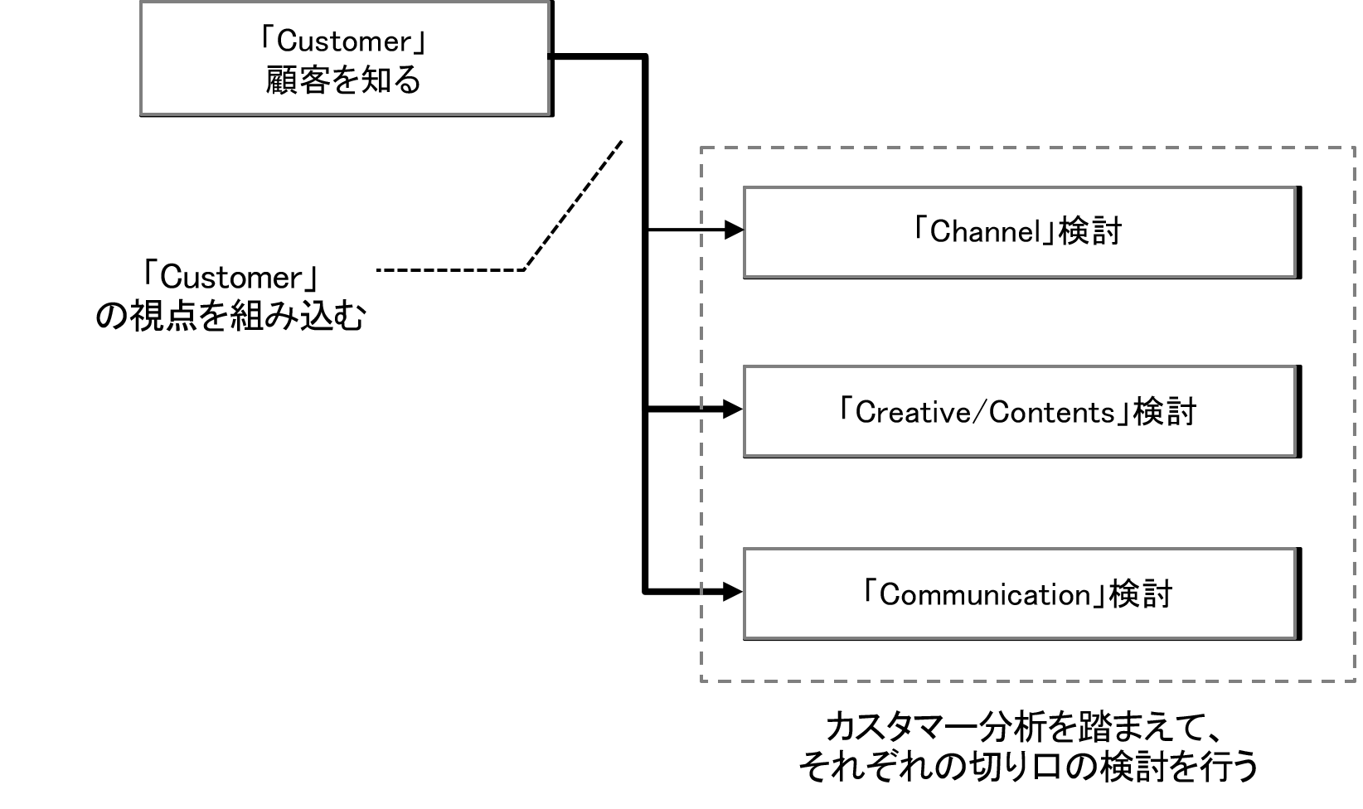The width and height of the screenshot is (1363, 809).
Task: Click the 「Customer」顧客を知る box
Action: click(x=346, y=58)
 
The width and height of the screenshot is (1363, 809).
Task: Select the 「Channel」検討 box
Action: click(x=1020, y=232)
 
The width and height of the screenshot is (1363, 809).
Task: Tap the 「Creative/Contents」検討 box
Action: click(x=1020, y=411)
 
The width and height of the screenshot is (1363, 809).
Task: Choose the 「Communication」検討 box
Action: click(x=1020, y=593)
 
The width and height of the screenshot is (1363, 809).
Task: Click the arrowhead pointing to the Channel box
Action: click(x=734, y=230)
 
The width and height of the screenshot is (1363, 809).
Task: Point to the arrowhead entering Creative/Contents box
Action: click(x=734, y=409)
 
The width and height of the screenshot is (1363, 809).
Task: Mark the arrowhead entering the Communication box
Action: click(x=734, y=592)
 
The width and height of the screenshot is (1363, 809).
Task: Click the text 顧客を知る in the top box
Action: click(x=344, y=80)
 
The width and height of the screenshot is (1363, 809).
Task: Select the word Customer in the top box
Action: click(x=343, y=41)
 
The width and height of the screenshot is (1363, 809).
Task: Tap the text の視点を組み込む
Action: click(x=230, y=317)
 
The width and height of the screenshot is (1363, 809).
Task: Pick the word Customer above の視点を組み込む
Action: click(x=231, y=277)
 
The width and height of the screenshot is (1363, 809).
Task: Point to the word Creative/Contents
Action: click(x=985, y=412)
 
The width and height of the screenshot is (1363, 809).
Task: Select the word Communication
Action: click(x=985, y=594)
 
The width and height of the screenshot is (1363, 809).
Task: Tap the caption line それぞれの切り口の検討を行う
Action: click(x=1028, y=766)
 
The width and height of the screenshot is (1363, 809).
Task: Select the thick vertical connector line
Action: click(x=645, y=332)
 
